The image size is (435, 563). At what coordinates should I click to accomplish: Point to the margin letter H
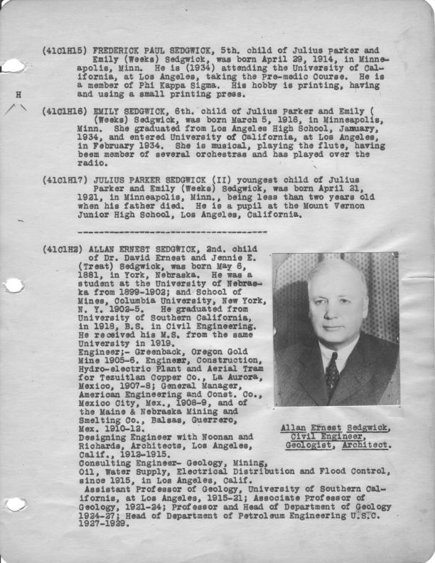18,94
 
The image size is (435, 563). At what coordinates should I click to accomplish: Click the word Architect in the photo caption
365,446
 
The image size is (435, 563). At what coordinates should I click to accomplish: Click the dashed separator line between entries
171,232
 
